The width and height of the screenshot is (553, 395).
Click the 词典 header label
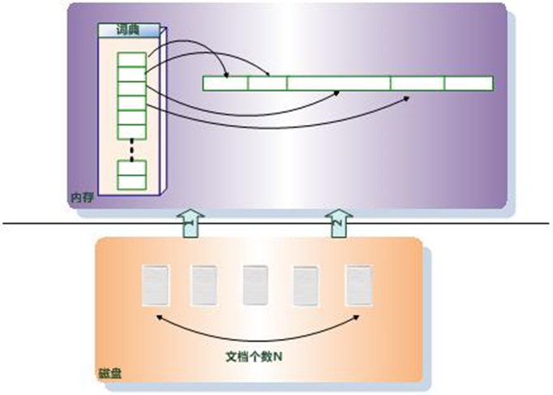click(128, 30)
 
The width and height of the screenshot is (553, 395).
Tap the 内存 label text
click(82, 198)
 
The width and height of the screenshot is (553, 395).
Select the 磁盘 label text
click(110, 374)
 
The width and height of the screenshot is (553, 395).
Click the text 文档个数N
click(254, 357)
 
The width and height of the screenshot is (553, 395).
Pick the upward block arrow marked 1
click(191, 223)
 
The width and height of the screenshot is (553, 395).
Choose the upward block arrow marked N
click(339, 223)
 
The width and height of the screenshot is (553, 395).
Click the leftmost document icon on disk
click(155, 286)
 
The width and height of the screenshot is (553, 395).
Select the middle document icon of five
click(255, 286)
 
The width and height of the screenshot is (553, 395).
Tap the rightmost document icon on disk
click(359, 286)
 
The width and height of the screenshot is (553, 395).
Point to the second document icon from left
click(204, 286)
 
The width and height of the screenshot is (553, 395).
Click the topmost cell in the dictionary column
click(132, 59)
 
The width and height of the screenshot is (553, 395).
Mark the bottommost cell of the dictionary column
click(132, 182)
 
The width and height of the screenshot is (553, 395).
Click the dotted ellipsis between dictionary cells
click(132, 150)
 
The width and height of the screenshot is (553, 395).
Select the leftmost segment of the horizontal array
click(225, 84)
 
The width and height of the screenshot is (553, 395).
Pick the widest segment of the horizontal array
click(339, 84)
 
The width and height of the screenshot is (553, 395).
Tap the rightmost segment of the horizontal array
click(469, 84)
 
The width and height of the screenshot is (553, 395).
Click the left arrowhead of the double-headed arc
click(159, 317)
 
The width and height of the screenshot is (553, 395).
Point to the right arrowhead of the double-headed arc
click(357, 317)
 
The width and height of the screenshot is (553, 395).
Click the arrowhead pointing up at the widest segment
click(337, 93)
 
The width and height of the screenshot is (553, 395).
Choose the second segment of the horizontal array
click(268, 84)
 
